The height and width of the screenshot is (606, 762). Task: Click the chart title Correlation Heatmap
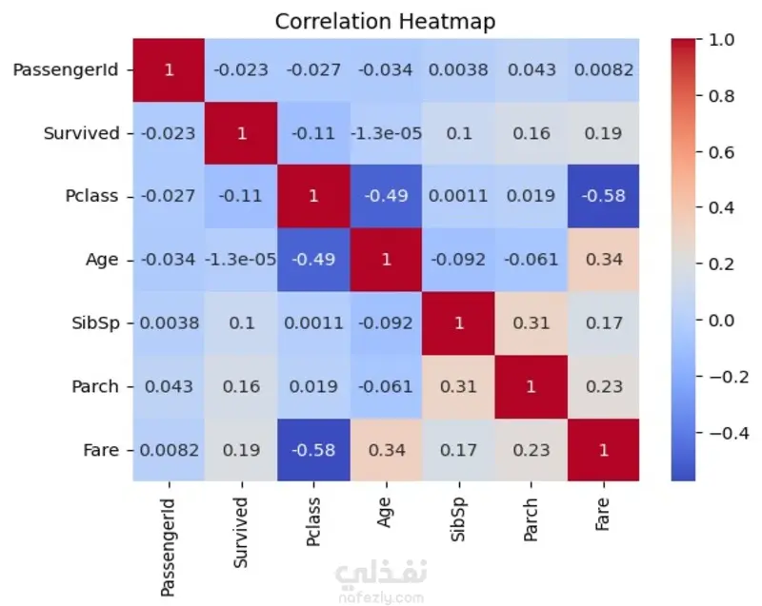pyautogui.click(x=385, y=21)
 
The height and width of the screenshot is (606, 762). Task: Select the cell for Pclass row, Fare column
pyautogui.click(x=604, y=196)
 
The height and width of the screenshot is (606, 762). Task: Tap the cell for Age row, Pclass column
pyautogui.click(x=313, y=260)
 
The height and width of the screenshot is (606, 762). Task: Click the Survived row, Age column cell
pyautogui.click(x=386, y=133)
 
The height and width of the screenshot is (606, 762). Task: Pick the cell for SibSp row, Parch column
pyautogui.click(x=531, y=323)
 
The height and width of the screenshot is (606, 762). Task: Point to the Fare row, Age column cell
pyautogui.click(x=386, y=450)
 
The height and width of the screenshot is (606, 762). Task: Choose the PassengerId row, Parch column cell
pyautogui.click(x=531, y=69)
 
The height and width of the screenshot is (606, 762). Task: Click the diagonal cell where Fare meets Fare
pyautogui.click(x=604, y=450)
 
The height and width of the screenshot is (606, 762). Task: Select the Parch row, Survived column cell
pyautogui.click(x=241, y=386)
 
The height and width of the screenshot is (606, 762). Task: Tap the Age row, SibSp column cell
pyautogui.click(x=458, y=260)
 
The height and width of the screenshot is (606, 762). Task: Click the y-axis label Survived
pyautogui.click(x=81, y=133)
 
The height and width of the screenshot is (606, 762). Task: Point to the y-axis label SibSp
pyautogui.click(x=95, y=323)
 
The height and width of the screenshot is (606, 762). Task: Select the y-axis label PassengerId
pyautogui.click(x=66, y=69)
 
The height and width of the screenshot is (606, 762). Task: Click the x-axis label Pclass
pyautogui.click(x=313, y=521)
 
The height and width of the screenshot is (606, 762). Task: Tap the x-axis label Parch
pyautogui.click(x=531, y=519)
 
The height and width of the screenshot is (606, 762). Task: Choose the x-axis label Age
pyautogui.click(x=385, y=513)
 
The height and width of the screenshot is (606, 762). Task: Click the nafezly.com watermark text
pyautogui.click(x=381, y=598)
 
